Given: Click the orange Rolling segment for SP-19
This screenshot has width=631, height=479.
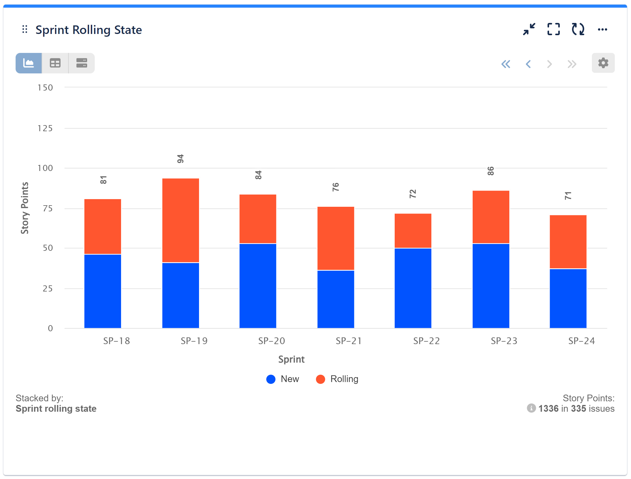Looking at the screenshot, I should [180, 220].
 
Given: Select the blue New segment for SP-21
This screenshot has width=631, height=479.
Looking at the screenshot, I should [335, 299].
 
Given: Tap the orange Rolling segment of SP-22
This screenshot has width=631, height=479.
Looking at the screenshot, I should [413, 231].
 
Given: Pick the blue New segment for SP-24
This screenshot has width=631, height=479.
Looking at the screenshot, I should [568, 298].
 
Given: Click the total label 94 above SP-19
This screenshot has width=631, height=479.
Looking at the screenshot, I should [180, 159].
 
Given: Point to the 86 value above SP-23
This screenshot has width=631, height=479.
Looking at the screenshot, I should [490, 171].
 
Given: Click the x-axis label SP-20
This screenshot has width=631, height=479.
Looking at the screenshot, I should [271, 341].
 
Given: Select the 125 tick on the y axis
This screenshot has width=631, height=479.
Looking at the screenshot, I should [45, 128].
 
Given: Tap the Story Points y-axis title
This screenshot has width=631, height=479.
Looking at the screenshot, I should [24, 208].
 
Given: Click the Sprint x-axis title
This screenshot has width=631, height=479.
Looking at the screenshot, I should [291, 359].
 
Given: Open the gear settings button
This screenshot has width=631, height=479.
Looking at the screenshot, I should [603, 63].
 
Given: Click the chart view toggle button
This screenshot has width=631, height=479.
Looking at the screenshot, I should [29, 63].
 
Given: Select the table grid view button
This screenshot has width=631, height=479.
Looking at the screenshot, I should [55, 63].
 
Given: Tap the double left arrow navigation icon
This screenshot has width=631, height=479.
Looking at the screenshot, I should [506, 64].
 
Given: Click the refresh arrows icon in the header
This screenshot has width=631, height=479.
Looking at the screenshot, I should [578, 29].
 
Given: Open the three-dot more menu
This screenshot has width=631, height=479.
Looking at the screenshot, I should [602, 29].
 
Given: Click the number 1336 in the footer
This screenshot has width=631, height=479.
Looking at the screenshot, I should [548, 408].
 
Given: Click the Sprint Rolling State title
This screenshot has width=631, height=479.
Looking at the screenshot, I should [89, 30].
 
